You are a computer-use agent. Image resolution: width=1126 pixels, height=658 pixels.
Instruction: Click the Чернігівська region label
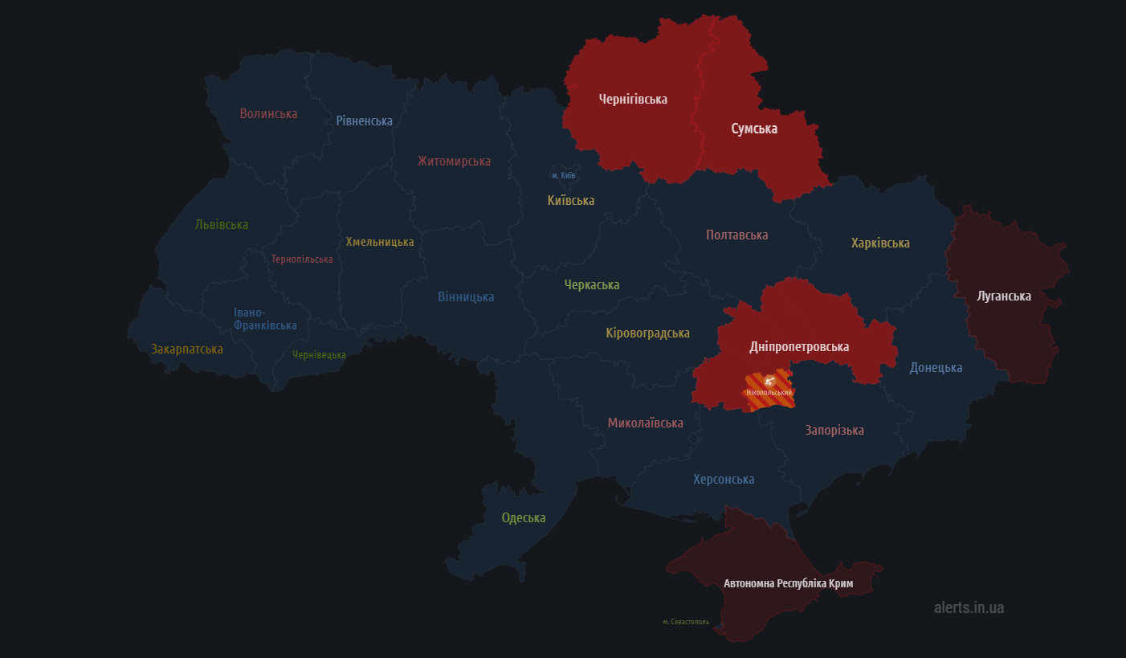coord(633,100)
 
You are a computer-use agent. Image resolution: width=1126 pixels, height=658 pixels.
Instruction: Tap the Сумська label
coord(753,129)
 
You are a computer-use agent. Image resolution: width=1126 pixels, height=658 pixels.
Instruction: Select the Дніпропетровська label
coord(798,347)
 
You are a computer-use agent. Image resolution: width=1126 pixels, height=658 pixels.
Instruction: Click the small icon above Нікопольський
coord(769,380)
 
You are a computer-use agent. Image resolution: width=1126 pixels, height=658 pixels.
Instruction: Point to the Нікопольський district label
coord(769,393)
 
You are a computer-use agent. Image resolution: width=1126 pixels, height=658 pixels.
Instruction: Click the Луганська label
coord(1003,296)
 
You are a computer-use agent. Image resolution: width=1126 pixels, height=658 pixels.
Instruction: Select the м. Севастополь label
coord(686,622)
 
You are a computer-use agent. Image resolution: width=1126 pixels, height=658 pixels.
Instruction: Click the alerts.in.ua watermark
coord(969,607)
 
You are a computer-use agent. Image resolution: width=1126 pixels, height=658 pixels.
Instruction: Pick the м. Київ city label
coord(563,175)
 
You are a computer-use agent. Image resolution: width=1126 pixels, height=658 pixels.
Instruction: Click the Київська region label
coord(571,201)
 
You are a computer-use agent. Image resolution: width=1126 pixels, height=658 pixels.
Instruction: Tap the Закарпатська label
coord(187,349)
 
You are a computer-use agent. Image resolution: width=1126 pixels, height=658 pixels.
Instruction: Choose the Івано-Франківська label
coord(265,319)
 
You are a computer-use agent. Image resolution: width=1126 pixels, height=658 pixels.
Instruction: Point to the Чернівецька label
coord(319,355)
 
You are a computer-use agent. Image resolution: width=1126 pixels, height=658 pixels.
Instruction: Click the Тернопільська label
coord(302,260)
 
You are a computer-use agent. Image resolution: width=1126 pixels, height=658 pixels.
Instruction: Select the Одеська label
coord(524,518)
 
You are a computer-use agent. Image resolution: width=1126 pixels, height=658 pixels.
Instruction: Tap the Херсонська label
coord(724,480)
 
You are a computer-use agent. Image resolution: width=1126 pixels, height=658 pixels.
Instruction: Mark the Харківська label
coord(880,243)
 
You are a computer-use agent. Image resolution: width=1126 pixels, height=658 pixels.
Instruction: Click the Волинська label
coord(268,114)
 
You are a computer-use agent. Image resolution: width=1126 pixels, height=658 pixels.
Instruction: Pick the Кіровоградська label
coord(647,333)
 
